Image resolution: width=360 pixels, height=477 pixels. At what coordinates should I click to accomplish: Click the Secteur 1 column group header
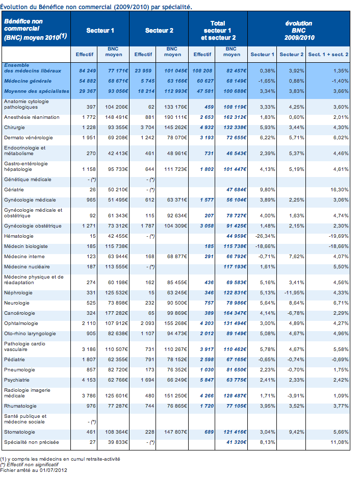(x=100, y=31)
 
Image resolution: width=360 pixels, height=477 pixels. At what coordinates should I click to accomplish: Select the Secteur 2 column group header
(x=159, y=31)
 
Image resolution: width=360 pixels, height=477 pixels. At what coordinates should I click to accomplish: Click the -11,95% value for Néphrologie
(x=293, y=293)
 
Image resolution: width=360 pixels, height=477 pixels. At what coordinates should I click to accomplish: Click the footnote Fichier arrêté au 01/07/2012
(x=34, y=470)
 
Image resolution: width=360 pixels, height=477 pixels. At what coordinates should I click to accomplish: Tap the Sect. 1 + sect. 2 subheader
(x=329, y=54)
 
